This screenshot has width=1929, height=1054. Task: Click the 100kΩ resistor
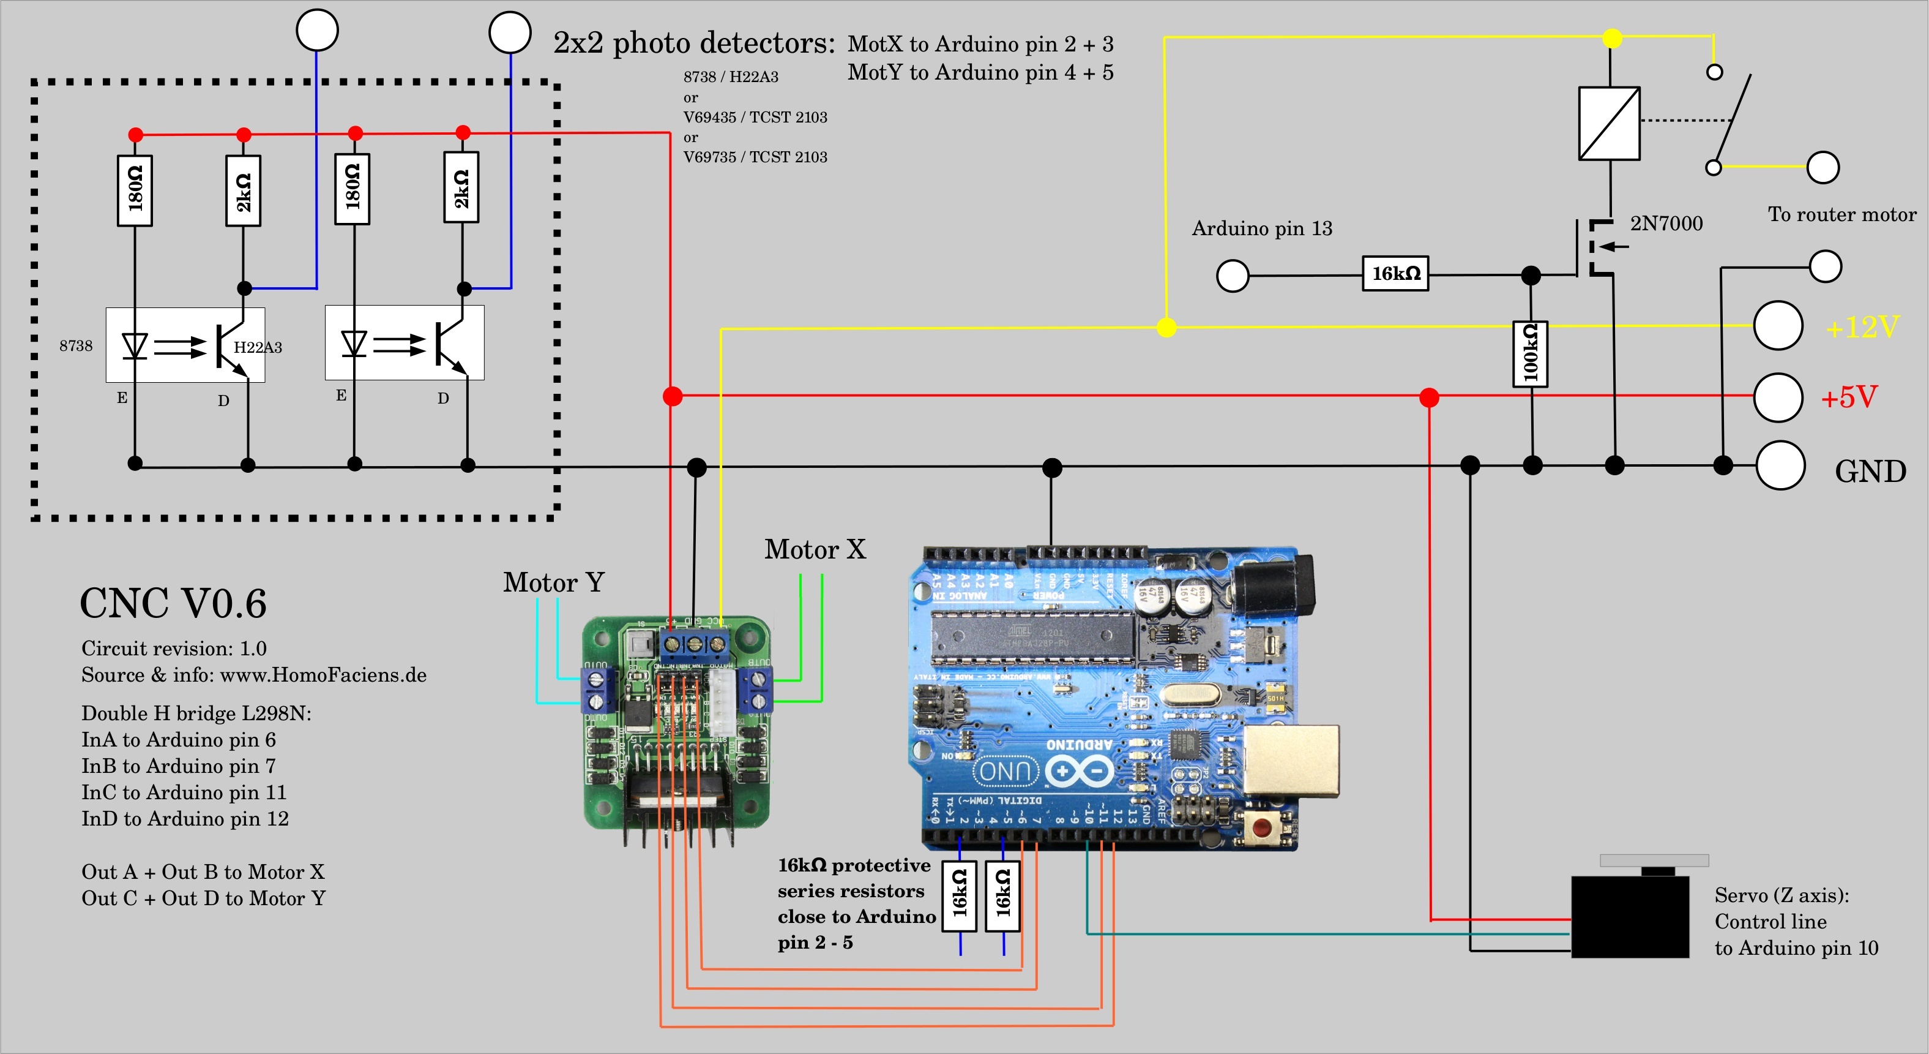pos(1530,353)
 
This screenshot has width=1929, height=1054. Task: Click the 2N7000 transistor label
pos(1666,224)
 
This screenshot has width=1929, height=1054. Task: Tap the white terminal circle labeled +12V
pos(1778,326)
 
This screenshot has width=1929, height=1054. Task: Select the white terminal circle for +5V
pos(1778,398)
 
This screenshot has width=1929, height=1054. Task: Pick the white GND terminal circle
pos(1780,466)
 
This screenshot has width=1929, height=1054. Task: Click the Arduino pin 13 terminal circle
pos(1233,276)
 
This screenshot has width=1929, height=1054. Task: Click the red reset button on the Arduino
pos(1262,828)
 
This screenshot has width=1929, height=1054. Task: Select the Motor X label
pos(815,549)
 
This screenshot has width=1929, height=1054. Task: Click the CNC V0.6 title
pos(173,604)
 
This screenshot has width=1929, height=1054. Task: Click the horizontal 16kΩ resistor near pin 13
pos(1395,273)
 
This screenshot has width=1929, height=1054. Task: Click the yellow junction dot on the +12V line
pos(1166,328)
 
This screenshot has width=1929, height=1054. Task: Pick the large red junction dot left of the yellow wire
pos(673,396)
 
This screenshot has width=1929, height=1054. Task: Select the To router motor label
pos(1841,215)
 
